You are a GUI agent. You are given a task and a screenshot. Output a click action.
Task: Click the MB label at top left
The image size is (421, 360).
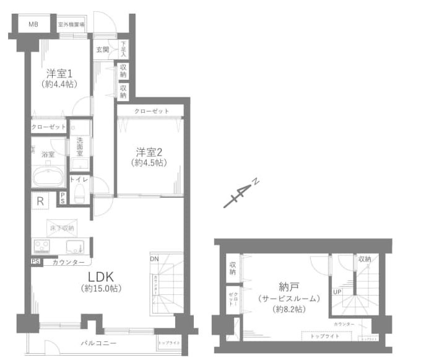(x=33, y=25)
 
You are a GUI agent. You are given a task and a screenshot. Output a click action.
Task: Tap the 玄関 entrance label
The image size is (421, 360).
(x=102, y=50)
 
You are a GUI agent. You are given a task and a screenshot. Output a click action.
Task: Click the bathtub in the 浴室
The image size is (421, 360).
(x=48, y=177)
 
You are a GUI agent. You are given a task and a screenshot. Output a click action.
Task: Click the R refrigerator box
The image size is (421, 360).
(x=40, y=201)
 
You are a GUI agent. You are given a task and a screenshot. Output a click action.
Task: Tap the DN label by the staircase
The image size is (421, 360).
(x=154, y=258)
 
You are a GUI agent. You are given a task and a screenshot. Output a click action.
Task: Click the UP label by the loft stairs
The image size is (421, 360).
(x=337, y=291)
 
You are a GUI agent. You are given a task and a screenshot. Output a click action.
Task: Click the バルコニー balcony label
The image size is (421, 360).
(x=98, y=343)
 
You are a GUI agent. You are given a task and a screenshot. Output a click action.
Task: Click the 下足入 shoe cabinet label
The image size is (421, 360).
(x=124, y=50)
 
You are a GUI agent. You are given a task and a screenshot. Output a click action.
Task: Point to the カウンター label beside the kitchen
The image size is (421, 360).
(x=69, y=263)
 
